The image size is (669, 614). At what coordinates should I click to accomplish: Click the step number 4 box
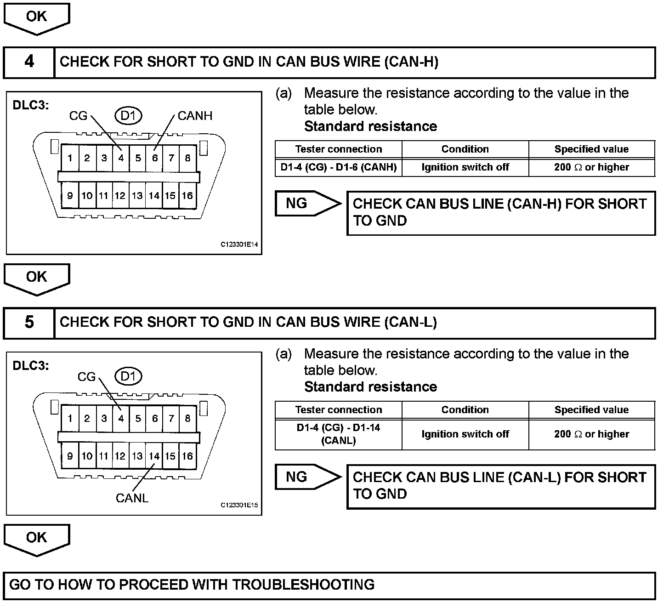pyautogui.click(x=29, y=62)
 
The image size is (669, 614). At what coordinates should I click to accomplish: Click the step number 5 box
pyautogui.click(x=29, y=323)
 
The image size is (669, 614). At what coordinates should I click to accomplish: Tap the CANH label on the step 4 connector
pyautogui.click(x=195, y=116)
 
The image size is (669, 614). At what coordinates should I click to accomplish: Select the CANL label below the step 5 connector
pyautogui.click(x=132, y=498)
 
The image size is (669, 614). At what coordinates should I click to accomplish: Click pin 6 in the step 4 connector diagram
pyautogui.click(x=155, y=159)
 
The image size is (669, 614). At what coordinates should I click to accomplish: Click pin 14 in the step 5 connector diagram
pyautogui.click(x=154, y=456)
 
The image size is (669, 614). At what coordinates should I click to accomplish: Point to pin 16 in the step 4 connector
pyautogui.click(x=187, y=196)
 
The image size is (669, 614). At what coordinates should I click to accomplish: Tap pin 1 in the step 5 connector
pyautogui.click(x=70, y=419)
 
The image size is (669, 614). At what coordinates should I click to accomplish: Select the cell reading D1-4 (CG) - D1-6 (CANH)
pyautogui.click(x=339, y=167)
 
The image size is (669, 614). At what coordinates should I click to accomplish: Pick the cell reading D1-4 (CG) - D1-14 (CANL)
pyautogui.click(x=339, y=434)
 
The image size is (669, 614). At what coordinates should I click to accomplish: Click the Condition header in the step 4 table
pyautogui.click(x=465, y=149)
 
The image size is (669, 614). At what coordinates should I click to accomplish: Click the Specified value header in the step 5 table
pyautogui.click(x=591, y=410)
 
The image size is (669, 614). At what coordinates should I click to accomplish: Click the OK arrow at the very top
pyautogui.click(x=36, y=17)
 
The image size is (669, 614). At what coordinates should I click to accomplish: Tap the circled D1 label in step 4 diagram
pyautogui.click(x=128, y=116)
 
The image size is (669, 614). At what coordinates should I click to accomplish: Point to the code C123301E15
pyautogui.click(x=239, y=505)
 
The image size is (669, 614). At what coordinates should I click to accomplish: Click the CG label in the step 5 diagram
pyautogui.click(x=86, y=377)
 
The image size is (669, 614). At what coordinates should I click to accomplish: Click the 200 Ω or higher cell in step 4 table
pyautogui.click(x=591, y=167)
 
